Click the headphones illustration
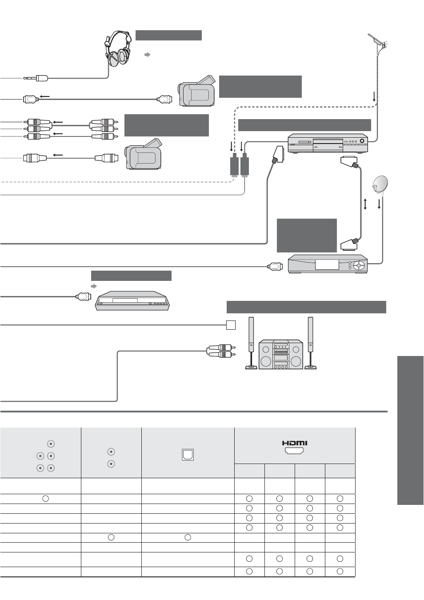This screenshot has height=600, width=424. click(118, 48)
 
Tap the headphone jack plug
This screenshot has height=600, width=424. click(36, 79)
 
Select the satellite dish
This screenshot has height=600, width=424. click(380, 184)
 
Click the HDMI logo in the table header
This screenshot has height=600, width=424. click(294, 443)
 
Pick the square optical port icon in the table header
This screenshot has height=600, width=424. click(188, 455)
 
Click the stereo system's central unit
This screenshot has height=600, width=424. click(281, 354)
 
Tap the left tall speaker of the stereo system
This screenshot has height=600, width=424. click(251, 343)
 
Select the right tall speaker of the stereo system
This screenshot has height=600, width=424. click(310, 343)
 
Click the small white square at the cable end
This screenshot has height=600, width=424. click(231, 325)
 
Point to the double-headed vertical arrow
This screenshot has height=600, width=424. click(365, 204)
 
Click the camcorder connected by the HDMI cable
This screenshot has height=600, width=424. click(197, 91)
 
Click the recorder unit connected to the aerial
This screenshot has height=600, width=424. click(328, 143)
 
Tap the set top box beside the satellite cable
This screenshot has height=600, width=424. click(328, 264)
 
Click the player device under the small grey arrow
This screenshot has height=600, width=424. click(132, 301)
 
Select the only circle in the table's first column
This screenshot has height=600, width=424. click(45, 499)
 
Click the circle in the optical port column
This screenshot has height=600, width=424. click(188, 537)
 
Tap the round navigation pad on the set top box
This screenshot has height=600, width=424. click(358, 265)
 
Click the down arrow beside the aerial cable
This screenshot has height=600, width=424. click(374, 96)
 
